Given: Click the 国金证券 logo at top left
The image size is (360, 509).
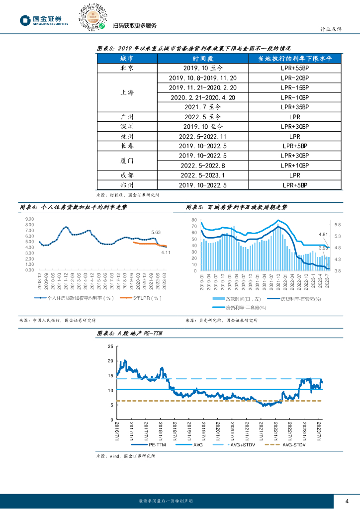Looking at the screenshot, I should [x=44, y=20].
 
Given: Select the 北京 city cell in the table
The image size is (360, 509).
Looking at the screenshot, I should [x=127, y=69].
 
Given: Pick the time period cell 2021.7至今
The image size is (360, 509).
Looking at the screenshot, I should [x=202, y=107].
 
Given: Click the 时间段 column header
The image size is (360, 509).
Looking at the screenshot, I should [x=202, y=59].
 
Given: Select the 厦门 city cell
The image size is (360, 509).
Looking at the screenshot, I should [x=127, y=160].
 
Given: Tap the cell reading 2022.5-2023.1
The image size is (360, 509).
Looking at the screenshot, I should [x=202, y=175].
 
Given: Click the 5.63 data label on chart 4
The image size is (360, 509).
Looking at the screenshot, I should [x=156, y=232].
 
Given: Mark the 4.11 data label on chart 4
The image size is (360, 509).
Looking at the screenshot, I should [x=166, y=253].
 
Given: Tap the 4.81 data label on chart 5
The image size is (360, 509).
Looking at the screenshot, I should [x=323, y=234].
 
